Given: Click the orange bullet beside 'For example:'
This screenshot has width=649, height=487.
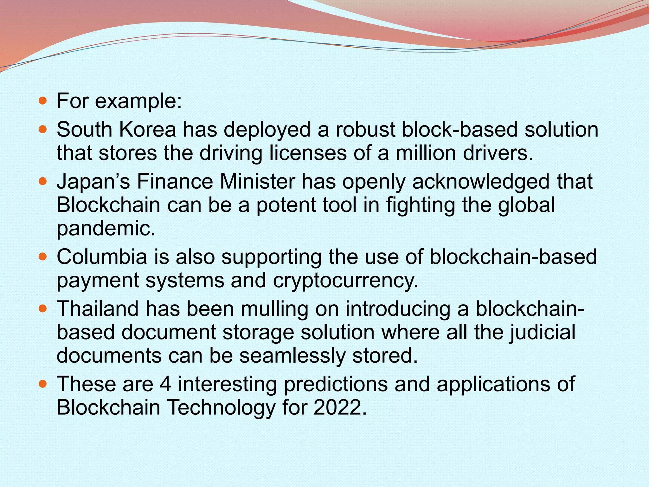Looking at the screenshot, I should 42,101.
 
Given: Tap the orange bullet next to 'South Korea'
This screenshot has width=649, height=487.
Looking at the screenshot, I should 42,130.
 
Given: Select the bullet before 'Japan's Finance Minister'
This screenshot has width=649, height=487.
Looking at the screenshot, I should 42,182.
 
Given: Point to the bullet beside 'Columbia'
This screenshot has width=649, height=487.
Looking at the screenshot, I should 42,256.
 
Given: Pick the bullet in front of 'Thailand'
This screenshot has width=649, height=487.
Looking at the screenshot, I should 42,308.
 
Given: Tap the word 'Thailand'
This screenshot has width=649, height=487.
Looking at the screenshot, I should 98,308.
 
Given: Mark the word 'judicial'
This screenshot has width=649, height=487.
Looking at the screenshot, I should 542,332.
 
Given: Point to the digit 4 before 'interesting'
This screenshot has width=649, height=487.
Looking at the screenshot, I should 165,384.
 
